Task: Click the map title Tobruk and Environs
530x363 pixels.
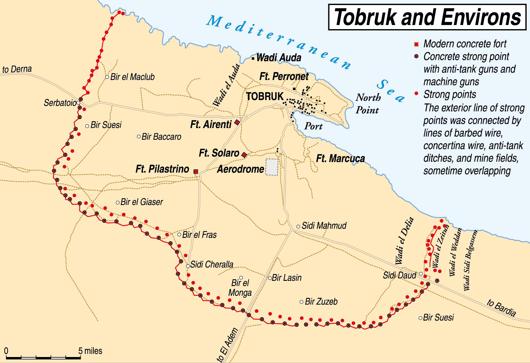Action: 427,17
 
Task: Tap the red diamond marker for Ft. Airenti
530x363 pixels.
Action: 237,122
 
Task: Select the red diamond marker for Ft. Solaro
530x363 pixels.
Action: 244,155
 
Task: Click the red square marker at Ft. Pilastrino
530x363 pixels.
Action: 196,171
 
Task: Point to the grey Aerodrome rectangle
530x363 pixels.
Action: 272,167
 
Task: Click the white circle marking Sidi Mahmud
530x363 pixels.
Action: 298,227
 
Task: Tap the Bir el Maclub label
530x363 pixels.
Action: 132,77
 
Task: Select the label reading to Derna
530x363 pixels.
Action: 17,69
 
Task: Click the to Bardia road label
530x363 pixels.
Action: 501,308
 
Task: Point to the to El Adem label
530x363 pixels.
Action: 227,345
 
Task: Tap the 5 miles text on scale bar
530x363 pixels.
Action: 90,351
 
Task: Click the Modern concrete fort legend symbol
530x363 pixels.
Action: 416,44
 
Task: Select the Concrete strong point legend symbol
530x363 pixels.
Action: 416,57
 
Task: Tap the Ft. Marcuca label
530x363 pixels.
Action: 340,158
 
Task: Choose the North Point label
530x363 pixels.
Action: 367,104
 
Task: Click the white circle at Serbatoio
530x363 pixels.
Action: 78,103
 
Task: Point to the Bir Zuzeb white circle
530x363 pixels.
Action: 301,302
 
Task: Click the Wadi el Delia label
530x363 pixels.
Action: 405,241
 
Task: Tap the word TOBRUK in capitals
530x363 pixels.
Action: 265,96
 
